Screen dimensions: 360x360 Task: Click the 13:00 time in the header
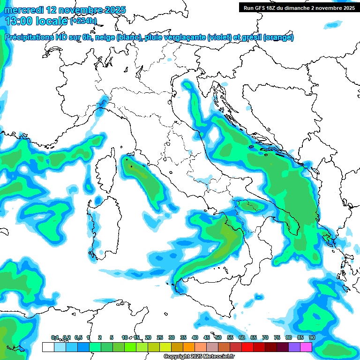(19, 21)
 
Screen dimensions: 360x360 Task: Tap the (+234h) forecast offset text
(83, 21)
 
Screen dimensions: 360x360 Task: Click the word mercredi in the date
(22, 9)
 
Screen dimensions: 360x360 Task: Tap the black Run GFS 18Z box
(298, 7)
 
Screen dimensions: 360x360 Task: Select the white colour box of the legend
(48, 347)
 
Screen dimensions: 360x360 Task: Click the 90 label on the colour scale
(312, 337)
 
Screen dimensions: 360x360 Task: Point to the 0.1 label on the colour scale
(55, 337)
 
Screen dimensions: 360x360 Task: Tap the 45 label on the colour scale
(207, 337)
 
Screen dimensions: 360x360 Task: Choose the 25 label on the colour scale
(160, 337)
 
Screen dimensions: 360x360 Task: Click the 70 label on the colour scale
(265, 337)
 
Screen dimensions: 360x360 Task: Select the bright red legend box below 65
(247, 347)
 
